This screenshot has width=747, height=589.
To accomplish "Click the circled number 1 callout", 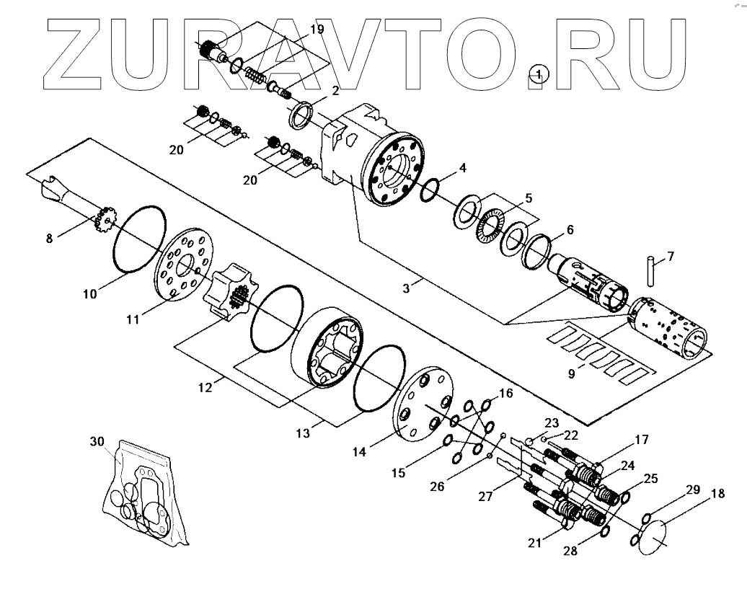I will click(538, 74).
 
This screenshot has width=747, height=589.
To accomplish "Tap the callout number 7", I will click(670, 257).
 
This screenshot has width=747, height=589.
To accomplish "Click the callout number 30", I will click(97, 441).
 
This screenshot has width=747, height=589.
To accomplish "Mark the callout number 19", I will click(317, 30).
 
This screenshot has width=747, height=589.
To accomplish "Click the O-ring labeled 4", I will click(428, 189).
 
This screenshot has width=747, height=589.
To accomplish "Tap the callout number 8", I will click(49, 238).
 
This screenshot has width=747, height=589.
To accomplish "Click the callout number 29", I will click(692, 490).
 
